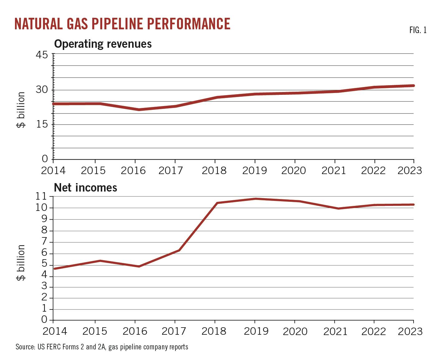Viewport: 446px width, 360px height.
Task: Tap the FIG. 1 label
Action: (418, 30)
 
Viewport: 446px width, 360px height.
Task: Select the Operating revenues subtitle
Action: (103, 44)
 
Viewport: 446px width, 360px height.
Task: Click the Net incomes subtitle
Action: (85, 188)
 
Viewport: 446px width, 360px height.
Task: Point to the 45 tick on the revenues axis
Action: (42, 55)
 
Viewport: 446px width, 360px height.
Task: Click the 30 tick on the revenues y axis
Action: (42, 90)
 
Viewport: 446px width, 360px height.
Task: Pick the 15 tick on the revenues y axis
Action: (42, 124)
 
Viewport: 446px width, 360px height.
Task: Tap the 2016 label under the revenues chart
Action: (133, 171)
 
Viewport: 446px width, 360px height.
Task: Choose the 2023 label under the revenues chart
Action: (410, 171)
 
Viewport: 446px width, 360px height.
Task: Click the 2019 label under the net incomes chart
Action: (256, 331)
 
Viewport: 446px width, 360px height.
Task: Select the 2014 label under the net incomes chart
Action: (55, 331)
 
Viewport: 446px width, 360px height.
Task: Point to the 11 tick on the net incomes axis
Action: (41, 197)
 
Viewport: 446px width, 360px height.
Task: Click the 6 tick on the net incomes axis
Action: (44, 253)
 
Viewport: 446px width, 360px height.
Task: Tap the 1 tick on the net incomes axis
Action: (44, 309)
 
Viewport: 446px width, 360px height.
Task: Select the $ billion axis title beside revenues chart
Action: (21, 110)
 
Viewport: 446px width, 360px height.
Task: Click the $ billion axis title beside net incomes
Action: (21, 263)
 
